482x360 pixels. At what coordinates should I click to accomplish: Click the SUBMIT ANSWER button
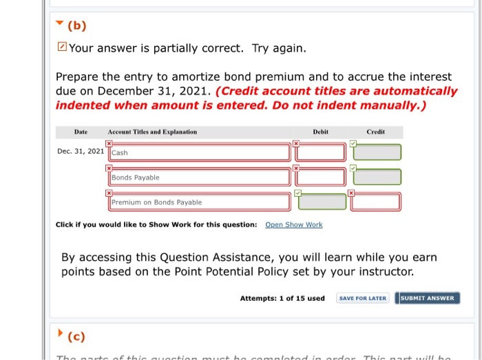pos(428,298)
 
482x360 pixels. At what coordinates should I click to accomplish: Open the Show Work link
pos(293,224)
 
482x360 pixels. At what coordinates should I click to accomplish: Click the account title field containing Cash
pos(199,153)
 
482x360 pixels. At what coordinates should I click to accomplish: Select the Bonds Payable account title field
pos(199,178)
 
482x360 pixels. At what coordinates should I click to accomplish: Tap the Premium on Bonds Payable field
pos(199,202)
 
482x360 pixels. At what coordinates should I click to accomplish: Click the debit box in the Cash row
pos(321,153)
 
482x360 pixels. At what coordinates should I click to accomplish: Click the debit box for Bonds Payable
pos(321,178)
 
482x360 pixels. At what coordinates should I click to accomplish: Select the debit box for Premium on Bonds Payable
pos(321,202)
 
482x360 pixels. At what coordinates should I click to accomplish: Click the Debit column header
pos(320,131)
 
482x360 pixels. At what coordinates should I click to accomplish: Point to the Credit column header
pos(375,131)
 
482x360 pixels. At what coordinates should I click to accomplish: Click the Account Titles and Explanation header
pos(152,131)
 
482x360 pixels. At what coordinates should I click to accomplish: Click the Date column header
pos(81,131)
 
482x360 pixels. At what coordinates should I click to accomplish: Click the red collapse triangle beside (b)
pos(60,25)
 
